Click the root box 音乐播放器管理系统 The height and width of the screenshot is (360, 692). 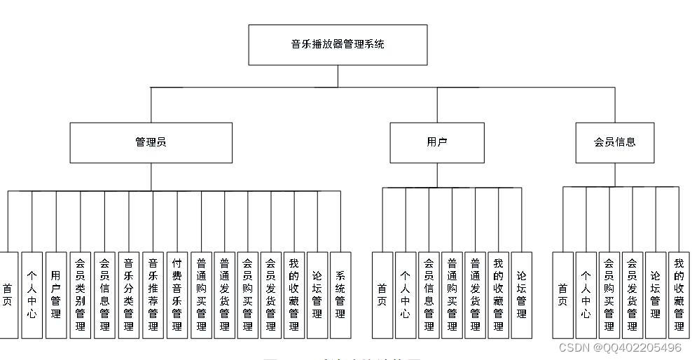pos(338,45)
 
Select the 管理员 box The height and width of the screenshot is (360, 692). pos(151,143)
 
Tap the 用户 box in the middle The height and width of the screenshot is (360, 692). pos(437,143)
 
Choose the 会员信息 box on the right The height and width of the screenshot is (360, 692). pos(614,143)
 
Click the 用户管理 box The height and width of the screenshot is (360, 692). pos(55,295)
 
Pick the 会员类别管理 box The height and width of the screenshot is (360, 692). pos(80,295)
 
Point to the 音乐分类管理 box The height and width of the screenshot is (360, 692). pos(128,295)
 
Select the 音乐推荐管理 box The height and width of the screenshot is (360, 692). pos(152,295)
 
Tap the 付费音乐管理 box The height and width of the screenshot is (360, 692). pos(177,295)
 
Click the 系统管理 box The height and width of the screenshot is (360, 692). pos(340,295)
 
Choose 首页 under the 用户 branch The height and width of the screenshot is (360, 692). pos(382,295)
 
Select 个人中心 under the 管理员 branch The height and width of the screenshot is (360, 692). pos(32,295)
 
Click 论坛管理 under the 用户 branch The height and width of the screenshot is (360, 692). pos(521,295)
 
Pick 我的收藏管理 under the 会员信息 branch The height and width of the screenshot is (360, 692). pos(679,295)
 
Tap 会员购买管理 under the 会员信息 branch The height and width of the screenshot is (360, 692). pos(609,295)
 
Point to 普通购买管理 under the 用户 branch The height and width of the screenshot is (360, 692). pos(452,295)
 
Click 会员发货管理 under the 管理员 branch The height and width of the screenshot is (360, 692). pos(270,295)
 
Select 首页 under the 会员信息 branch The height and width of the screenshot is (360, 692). pos(562,295)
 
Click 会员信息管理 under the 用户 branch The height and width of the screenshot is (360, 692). pos(429,295)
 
